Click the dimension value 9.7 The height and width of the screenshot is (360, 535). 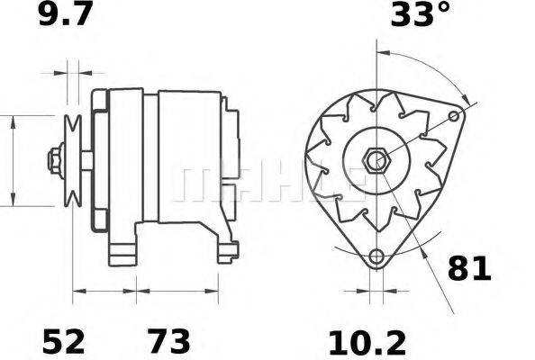tap(66, 15)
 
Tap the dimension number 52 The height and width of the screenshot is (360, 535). tap(64, 341)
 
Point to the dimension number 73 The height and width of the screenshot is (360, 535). tap(169, 341)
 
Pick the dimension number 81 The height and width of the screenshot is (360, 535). tap(469, 269)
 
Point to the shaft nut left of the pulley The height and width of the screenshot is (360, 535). tap(54, 161)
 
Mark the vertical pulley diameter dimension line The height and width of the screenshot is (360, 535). tap(13, 161)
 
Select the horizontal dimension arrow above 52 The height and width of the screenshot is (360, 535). tap(104, 291)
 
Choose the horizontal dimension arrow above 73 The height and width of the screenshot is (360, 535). tap(177, 291)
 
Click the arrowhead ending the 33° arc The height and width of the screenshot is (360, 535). tap(465, 97)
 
